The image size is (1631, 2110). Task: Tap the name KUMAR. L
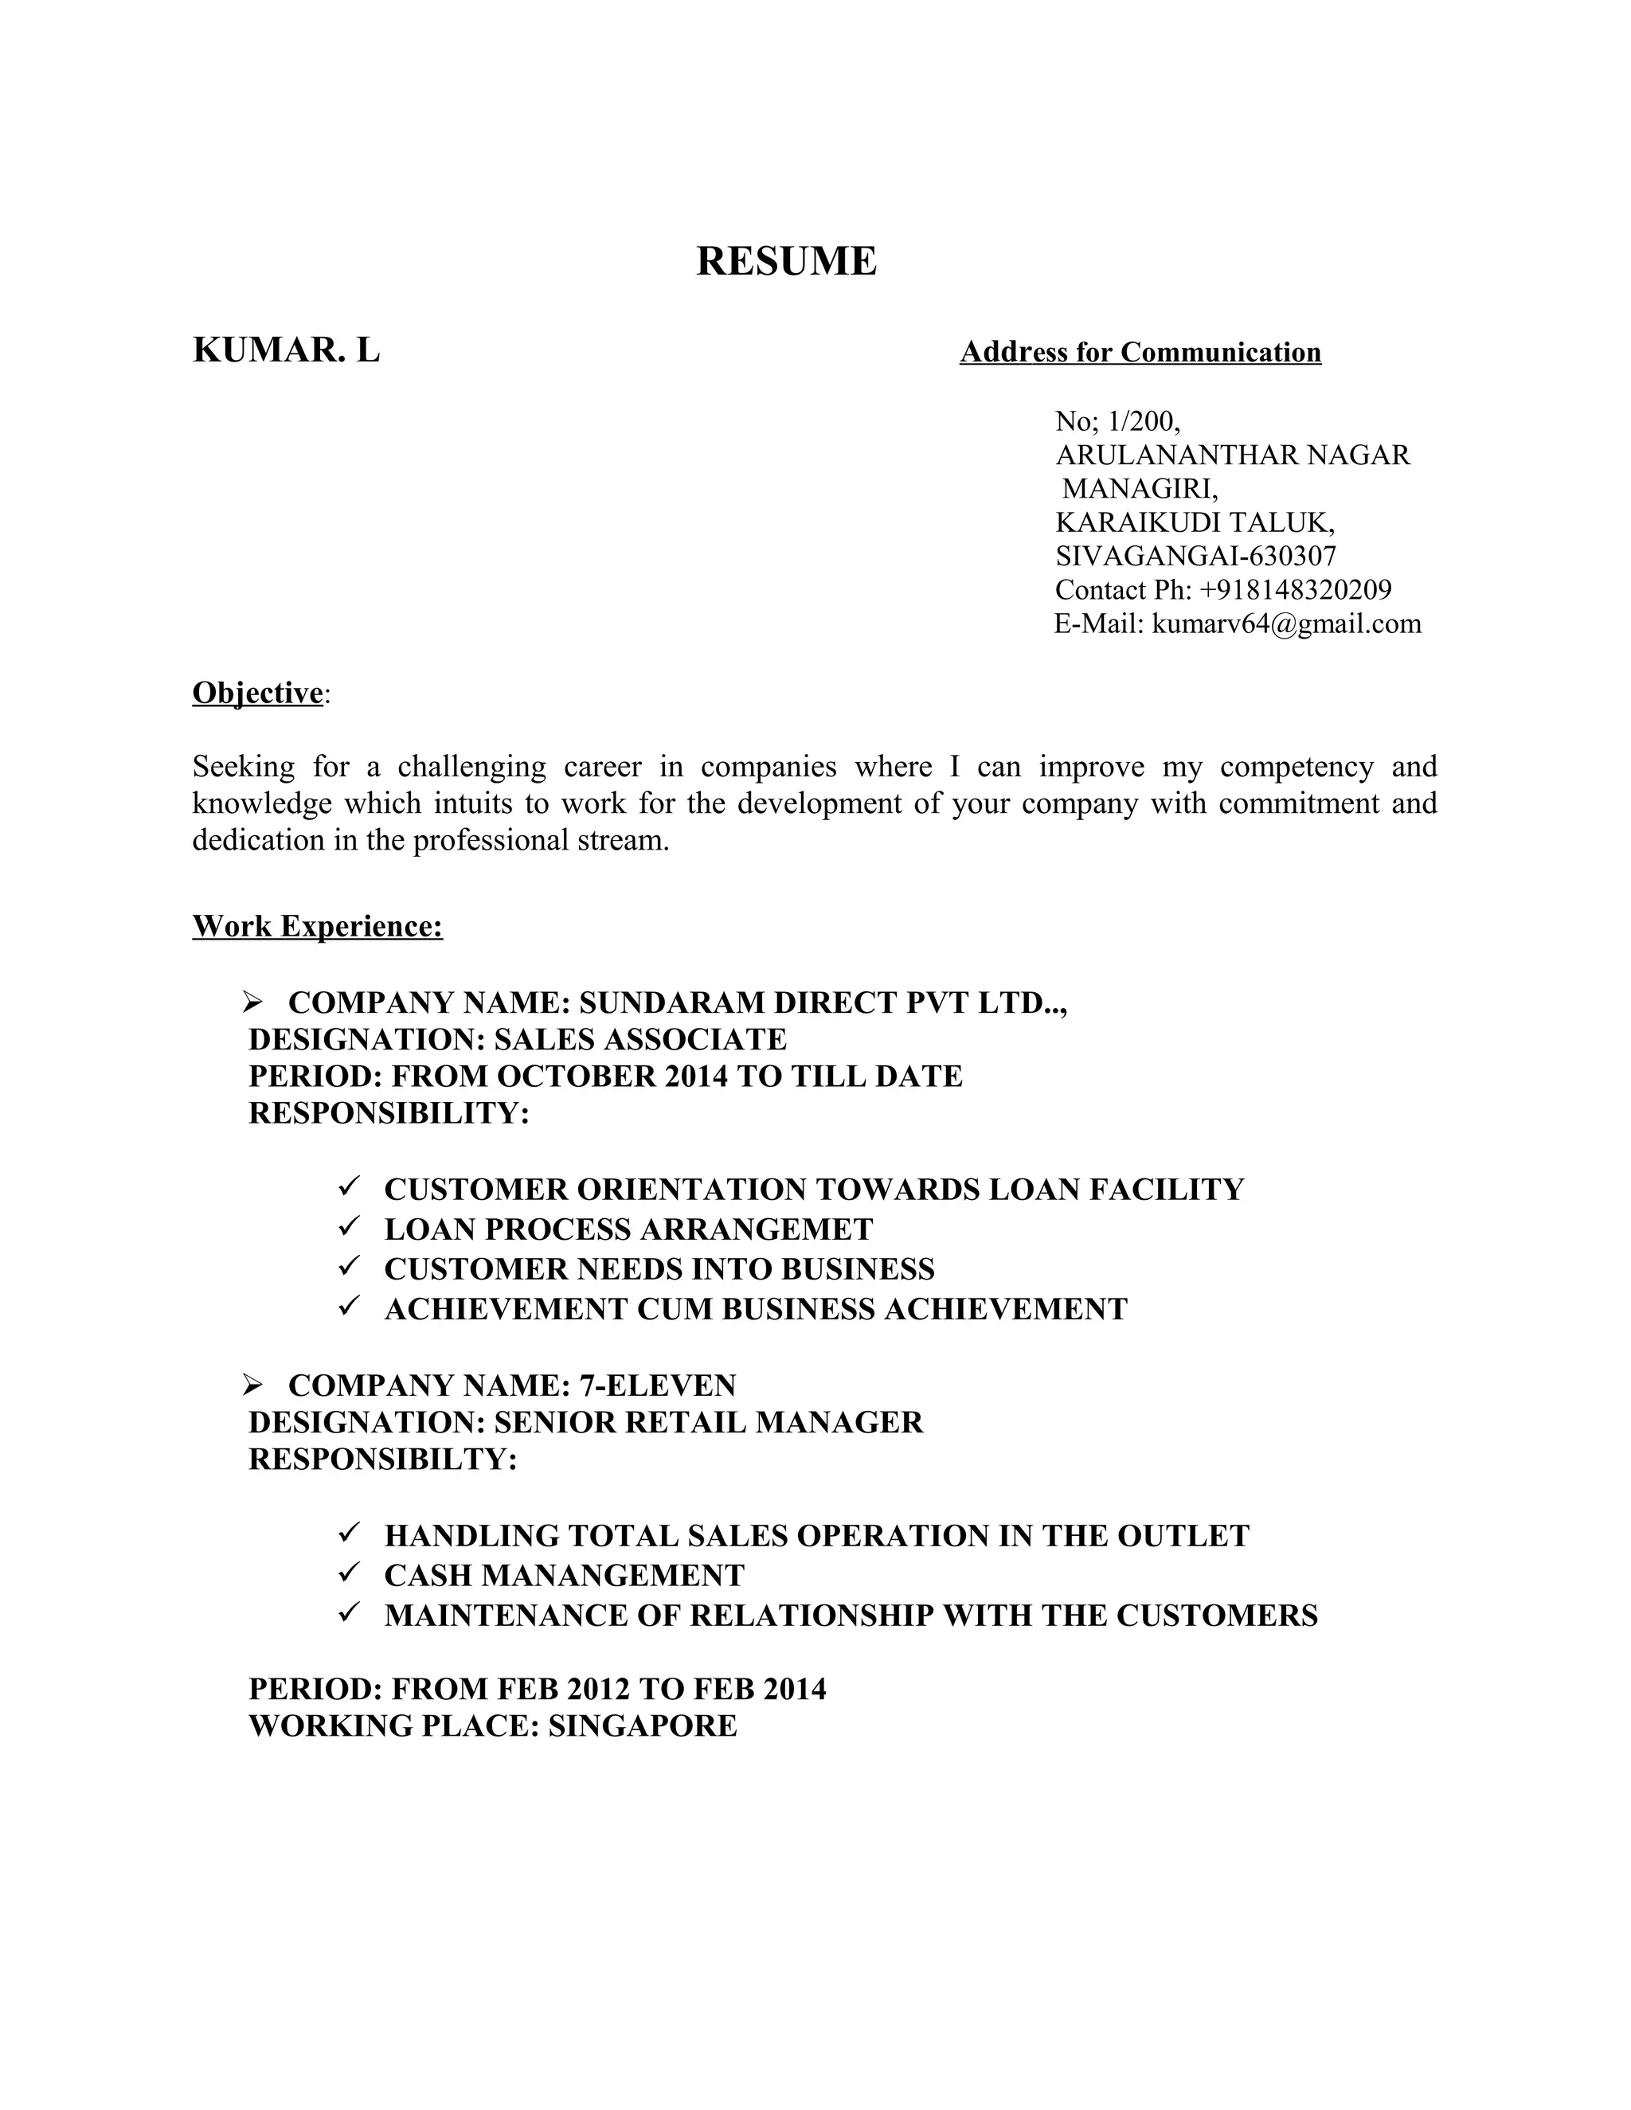tap(286, 350)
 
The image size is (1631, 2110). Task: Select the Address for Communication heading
tap(1140, 352)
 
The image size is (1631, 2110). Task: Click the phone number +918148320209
tap(1295, 589)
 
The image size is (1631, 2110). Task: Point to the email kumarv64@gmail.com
tap(1286, 623)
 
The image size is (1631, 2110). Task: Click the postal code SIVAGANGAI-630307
tap(1195, 556)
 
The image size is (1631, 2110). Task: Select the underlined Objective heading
tap(257, 693)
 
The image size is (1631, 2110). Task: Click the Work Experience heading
tap(317, 925)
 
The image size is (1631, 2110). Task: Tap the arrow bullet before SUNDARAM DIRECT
tap(253, 1002)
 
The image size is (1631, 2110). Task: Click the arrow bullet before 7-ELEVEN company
tap(253, 1385)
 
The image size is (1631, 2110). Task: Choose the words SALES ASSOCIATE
tap(639, 1040)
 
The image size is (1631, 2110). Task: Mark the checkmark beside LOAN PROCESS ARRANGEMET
tap(349, 1227)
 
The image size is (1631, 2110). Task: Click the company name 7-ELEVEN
tap(657, 1385)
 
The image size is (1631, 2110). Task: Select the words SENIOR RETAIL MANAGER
tap(708, 1422)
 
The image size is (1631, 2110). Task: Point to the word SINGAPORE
tap(643, 1725)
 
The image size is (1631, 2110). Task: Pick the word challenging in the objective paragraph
tap(471, 766)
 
